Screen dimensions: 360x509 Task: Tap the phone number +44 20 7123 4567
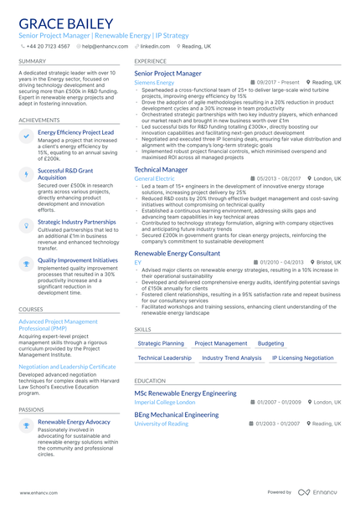(48, 47)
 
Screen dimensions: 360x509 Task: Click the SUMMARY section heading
(32, 61)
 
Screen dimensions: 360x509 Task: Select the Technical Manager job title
(161, 169)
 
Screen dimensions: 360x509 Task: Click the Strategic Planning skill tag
(161, 343)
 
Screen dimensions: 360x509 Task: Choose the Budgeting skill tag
(270, 343)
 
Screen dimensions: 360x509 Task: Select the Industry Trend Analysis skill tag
(232, 357)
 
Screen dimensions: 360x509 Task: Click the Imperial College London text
(163, 402)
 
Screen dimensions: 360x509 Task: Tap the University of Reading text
(162, 424)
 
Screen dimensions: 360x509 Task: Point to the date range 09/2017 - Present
(278, 83)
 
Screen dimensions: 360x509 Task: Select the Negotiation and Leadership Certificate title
(67, 366)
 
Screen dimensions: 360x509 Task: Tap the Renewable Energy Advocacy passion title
(74, 421)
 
